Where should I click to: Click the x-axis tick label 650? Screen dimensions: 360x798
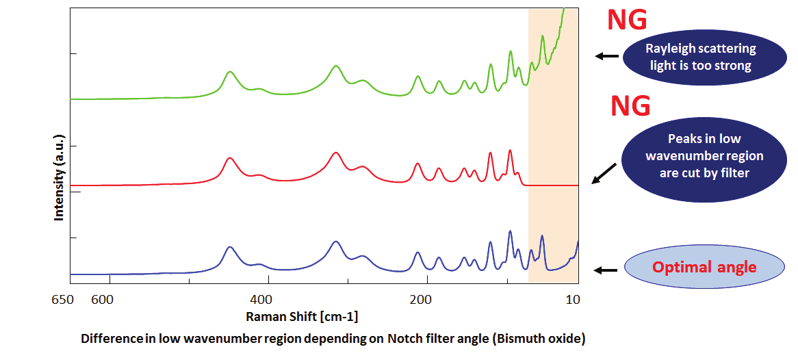[x=62, y=298]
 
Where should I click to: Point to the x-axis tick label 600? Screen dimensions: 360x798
[x=101, y=298]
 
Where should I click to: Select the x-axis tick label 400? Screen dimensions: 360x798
[x=261, y=298]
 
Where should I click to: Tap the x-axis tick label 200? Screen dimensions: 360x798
[x=420, y=298]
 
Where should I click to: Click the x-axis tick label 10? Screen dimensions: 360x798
[x=574, y=298]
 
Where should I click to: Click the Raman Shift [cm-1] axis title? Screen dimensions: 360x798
[x=302, y=316]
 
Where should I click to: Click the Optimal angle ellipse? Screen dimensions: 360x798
[x=704, y=267]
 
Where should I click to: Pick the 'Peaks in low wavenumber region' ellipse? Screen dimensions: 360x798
[x=704, y=156]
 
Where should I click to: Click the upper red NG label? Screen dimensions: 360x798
[x=626, y=20]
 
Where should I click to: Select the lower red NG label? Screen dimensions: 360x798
[x=630, y=105]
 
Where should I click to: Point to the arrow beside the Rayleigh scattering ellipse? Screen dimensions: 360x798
[x=606, y=56]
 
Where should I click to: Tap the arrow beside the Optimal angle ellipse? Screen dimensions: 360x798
[x=606, y=270]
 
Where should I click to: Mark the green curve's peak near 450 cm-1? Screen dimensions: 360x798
[x=230, y=72]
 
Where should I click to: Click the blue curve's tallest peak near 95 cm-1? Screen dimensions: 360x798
[x=510, y=232]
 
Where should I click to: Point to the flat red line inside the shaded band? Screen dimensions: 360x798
[x=553, y=185]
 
